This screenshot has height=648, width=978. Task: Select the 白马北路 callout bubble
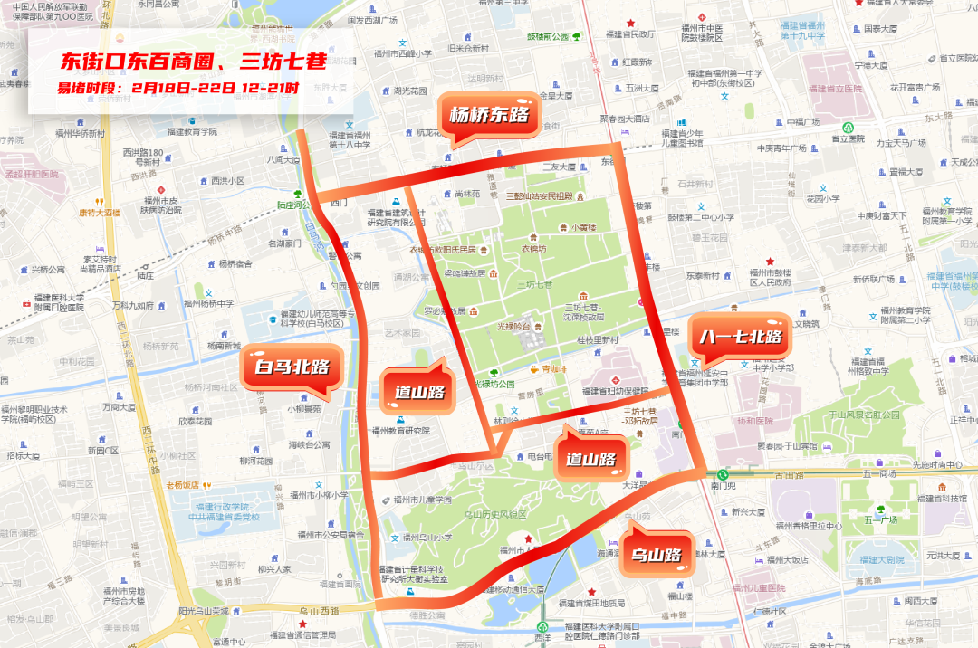pyautogui.click(x=291, y=367)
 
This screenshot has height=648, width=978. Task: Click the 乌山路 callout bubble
pyautogui.click(x=650, y=554)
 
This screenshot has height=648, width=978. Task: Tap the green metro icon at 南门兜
pyautogui.click(x=723, y=473)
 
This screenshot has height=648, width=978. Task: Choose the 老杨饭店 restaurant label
pyautogui.click(x=182, y=485)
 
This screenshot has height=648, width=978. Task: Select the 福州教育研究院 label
pyautogui.click(x=400, y=431)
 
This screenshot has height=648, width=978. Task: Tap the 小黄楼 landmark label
pyautogui.click(x=584, y=227)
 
